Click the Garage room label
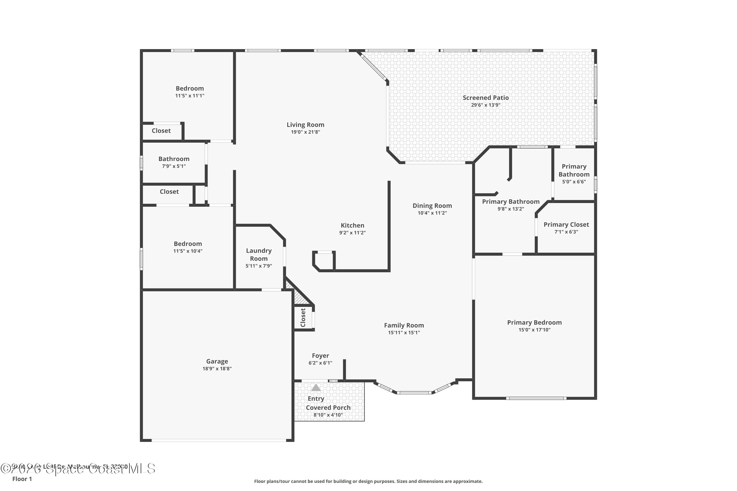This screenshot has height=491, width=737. pos(217,361)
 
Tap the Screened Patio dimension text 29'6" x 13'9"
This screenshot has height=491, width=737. pos(485,105)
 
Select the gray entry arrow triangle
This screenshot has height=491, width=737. pos(316,388)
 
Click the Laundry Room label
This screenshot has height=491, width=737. pos(258,254)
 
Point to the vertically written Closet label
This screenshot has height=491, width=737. pos(303,317)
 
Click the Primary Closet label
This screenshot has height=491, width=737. pos(566,225)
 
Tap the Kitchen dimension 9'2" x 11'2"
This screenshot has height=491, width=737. pos(352,233)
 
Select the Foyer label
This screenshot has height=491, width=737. pos(320,355)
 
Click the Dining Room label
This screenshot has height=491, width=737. pos(432,205)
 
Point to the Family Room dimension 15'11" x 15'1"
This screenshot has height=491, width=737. pos(404,333)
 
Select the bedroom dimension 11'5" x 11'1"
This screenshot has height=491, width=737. pos(190,96)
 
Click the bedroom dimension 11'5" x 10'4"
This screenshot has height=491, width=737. pos(188,251)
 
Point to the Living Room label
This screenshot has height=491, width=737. pos(305,125)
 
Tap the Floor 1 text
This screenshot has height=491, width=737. pos(22,479)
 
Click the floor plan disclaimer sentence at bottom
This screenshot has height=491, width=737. pos(368,481)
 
